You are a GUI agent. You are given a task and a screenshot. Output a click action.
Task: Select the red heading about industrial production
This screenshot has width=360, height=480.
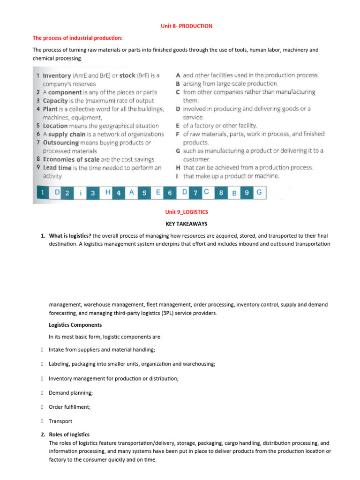tap(78, 38)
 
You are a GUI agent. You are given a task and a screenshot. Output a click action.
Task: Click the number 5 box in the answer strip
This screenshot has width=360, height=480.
tap(145, 192)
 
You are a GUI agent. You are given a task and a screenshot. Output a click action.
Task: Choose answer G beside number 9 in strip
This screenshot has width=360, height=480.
tap(259, 192)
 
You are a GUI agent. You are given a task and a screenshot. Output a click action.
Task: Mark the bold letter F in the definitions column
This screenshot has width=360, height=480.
tap(178, 134)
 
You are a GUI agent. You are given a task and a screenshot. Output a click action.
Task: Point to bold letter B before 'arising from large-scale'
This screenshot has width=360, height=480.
tap(178, 83)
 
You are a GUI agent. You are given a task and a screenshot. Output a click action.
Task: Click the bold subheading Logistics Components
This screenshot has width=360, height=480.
tap(75, 325)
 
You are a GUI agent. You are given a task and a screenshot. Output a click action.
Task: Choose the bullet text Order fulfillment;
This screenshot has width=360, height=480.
tap(70, 407)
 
